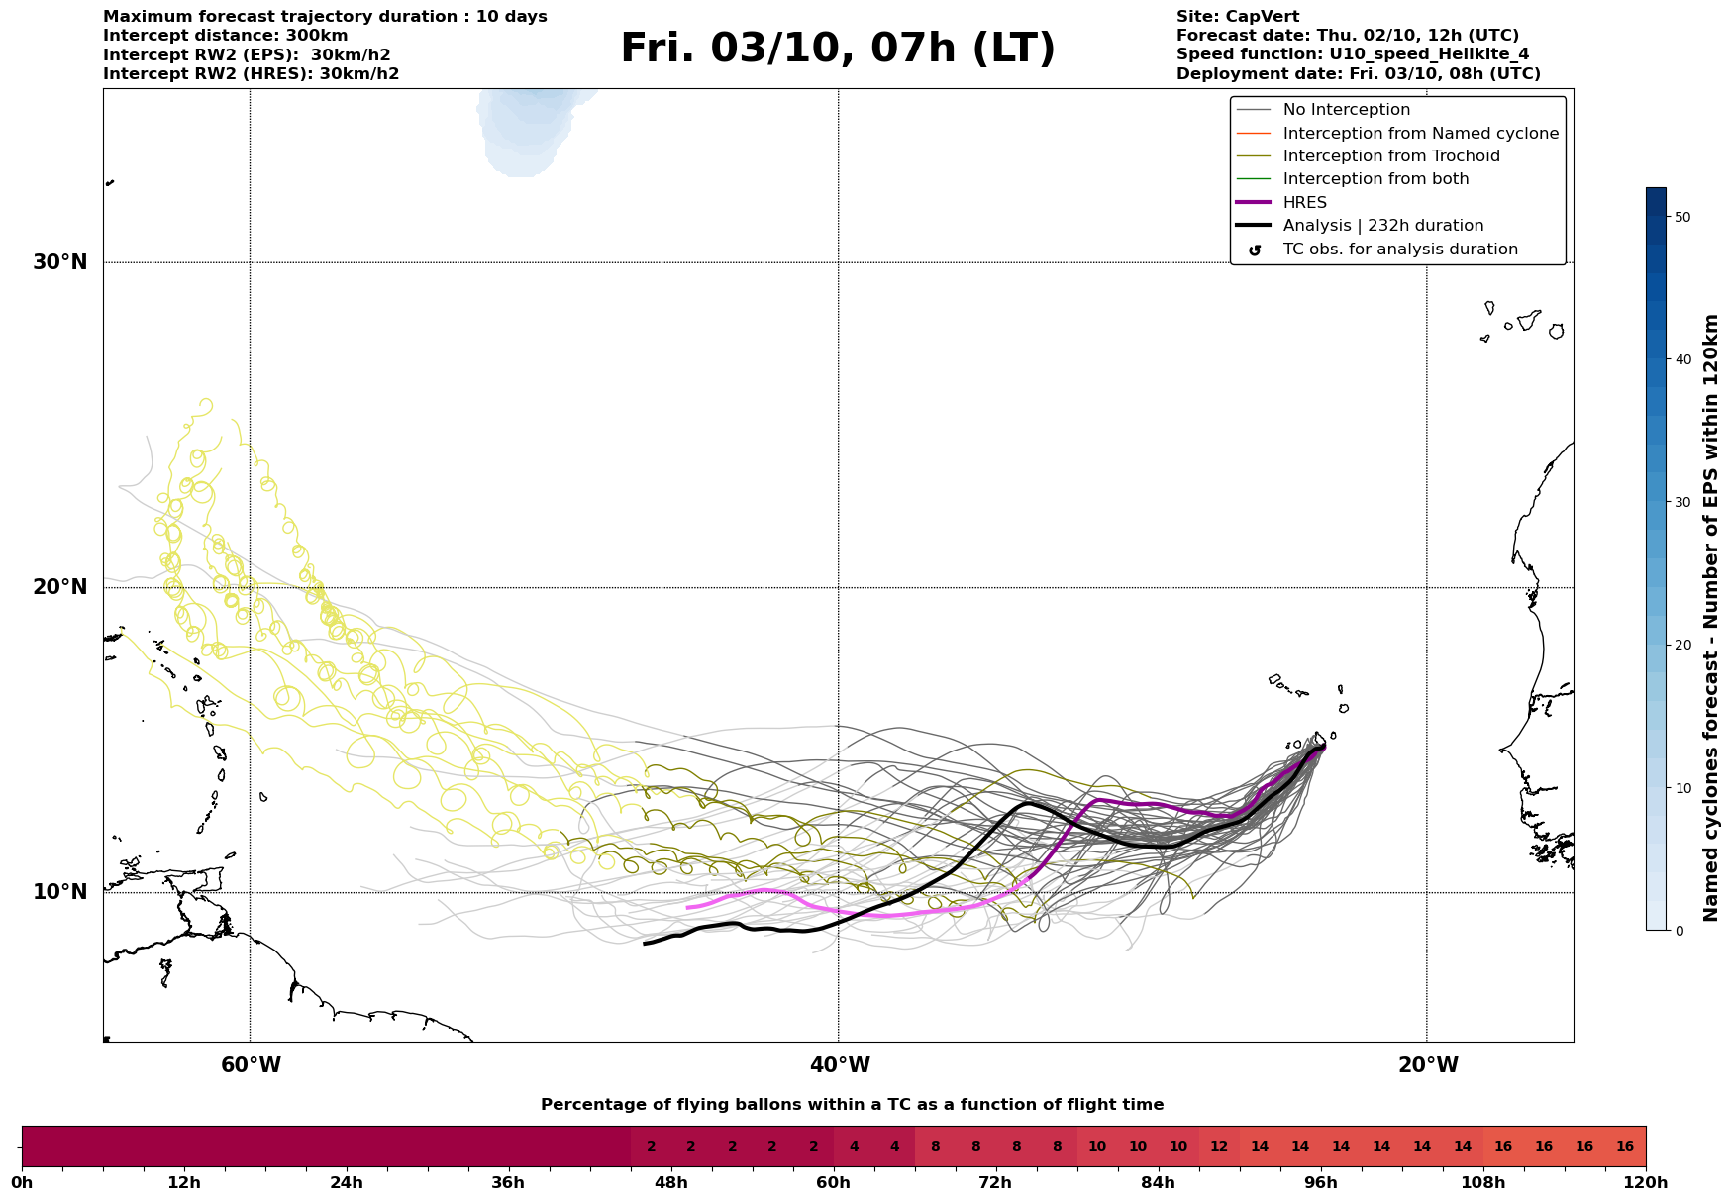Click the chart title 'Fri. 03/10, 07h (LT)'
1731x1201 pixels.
click(838, 49)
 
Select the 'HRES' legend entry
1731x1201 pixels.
click(1304, 203)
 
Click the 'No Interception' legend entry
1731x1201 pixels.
click(1346, 110)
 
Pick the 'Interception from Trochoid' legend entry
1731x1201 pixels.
click(1390, 156)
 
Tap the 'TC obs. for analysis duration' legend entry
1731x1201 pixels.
click(1399, 250)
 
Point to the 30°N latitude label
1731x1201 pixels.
click(60, 262)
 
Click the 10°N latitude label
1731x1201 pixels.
click(60, 892)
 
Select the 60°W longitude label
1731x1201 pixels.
click(251, 1065)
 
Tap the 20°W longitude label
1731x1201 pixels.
click(1427, 1065)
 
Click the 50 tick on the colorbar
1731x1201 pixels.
click(1682, 217)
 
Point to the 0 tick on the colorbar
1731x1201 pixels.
click(1679, 931)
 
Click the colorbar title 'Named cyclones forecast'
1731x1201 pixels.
click(1711, 618)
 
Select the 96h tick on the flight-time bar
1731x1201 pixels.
click(1321, 1183)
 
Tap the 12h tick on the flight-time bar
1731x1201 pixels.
click(184, 1183)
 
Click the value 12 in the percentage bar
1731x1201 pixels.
click(1219, 1147)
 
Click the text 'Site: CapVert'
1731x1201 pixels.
click(1238, 17)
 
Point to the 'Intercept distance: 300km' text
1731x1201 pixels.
click(226, 36)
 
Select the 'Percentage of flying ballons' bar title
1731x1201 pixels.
click(852, 1105)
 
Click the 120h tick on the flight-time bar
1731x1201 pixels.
click(1646, 1183)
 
